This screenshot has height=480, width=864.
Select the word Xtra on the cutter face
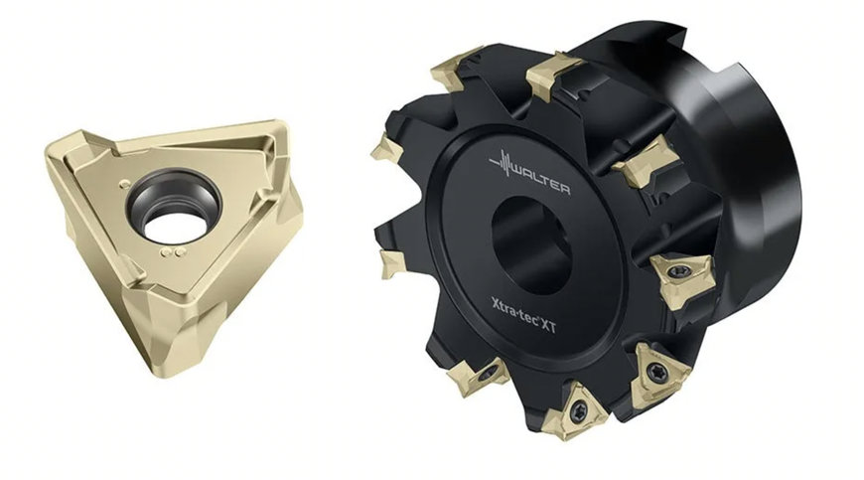(x=504, y=305)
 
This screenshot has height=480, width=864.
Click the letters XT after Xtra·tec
(x=548, y=325)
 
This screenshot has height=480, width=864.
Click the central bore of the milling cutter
(x=530, y=244)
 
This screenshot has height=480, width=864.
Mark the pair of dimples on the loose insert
(x=173, y=252)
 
